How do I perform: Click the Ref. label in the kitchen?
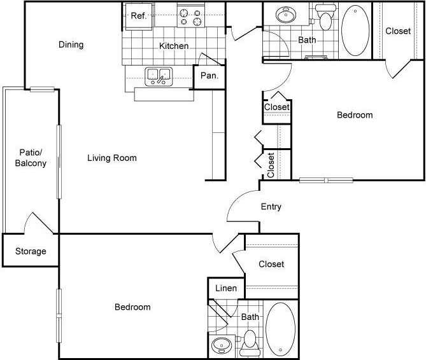pyautogui.click(x=139, y=16)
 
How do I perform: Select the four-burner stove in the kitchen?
pyautogui.click(x=190, y=16)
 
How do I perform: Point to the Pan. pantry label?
pyautogui.click(x=209, y=76)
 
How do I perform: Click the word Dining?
pyautogui.click(x=71, y=45)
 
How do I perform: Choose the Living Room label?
pyautogui.click(x=112, y=158)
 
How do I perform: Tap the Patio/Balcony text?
pyautogui.click(x=31, y=158)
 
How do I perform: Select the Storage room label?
pyautogui.click(x=31, y=251)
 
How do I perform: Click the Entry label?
pyautogui.click(x=271, y=207)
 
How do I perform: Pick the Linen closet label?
pyautogui.click(x=225, y=288)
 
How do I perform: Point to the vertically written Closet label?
pyautogui.click(x=271, y=165)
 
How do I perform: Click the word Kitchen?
pyautogui.click(x=174, y=46)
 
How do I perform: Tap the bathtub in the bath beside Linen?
pyautogui.click(x=280, y=329)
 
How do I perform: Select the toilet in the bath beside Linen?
pyautogui.click(x=249, y=342)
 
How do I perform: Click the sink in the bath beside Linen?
pyautogui.click(x=222, y=346)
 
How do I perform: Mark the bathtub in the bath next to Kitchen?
pyautogui.click(x=355, y=30)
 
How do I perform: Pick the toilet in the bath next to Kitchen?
pyautogui.click(x=327, y=19)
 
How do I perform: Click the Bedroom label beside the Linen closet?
pyautogui.click(x=132, y=307)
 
